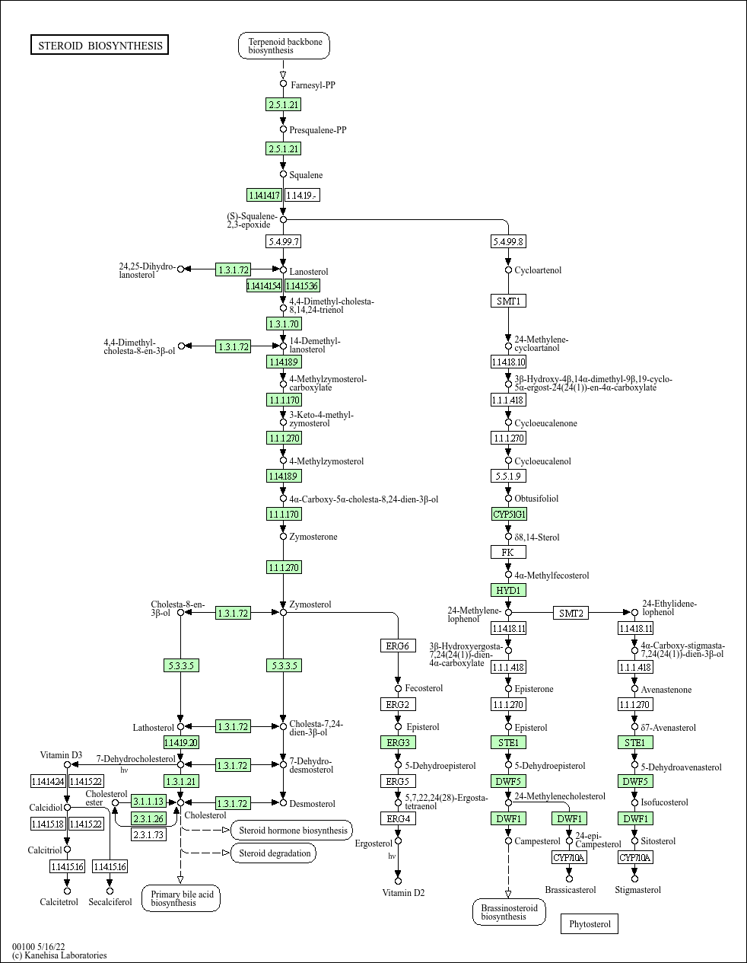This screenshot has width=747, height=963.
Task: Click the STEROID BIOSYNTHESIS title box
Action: (100, 46)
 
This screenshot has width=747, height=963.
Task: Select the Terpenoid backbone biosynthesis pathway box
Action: (284, 46)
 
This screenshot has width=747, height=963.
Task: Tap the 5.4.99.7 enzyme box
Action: (283, 241)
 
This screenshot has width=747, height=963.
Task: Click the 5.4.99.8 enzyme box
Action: (508, 241)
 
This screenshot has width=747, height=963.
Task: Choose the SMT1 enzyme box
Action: (508, 301)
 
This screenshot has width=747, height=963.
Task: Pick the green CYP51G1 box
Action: (509, 514)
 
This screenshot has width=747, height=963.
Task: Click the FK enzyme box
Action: (508, 552)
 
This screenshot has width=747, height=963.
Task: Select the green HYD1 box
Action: (508, 590)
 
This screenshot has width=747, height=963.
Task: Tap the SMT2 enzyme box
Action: (571, 613)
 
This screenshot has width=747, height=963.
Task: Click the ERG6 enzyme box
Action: (398, 646)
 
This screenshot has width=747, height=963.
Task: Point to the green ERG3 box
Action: (398, 742)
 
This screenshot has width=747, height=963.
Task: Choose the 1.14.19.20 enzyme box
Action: (181, 742)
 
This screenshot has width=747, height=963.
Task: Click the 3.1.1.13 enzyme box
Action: (148, 802)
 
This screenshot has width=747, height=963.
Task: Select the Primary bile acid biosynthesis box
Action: (181, 898)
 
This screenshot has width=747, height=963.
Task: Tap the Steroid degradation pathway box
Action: (274, 853)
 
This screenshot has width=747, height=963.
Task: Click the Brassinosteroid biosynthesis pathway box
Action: (508, 911)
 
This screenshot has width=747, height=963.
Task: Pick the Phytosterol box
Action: (590, 924)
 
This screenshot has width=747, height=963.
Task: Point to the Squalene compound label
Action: (306, 175)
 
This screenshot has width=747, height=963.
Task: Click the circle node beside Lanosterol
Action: (283, 269)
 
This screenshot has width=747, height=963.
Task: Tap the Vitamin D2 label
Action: (403, 893)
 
